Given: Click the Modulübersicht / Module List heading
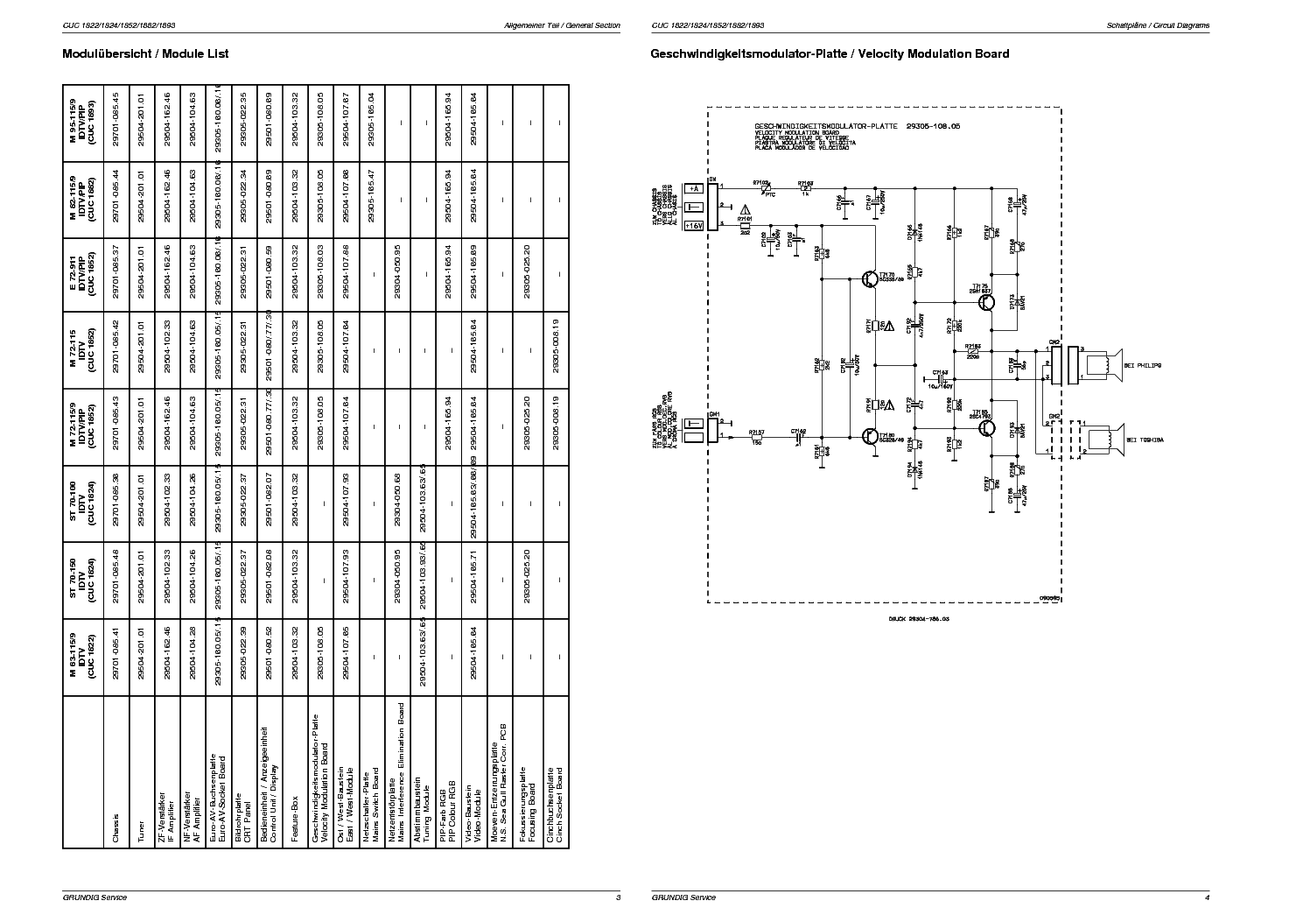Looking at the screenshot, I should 145,53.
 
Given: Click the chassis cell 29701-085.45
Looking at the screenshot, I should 115,123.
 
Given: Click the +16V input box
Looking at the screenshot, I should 694,225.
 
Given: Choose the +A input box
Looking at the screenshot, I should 694,188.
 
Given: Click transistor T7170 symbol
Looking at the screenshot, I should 870,278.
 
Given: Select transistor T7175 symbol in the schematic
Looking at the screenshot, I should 986,303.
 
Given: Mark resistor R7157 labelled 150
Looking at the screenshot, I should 756,436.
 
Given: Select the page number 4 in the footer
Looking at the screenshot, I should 1208,897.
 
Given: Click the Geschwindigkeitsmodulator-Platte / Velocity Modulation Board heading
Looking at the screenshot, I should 830,53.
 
